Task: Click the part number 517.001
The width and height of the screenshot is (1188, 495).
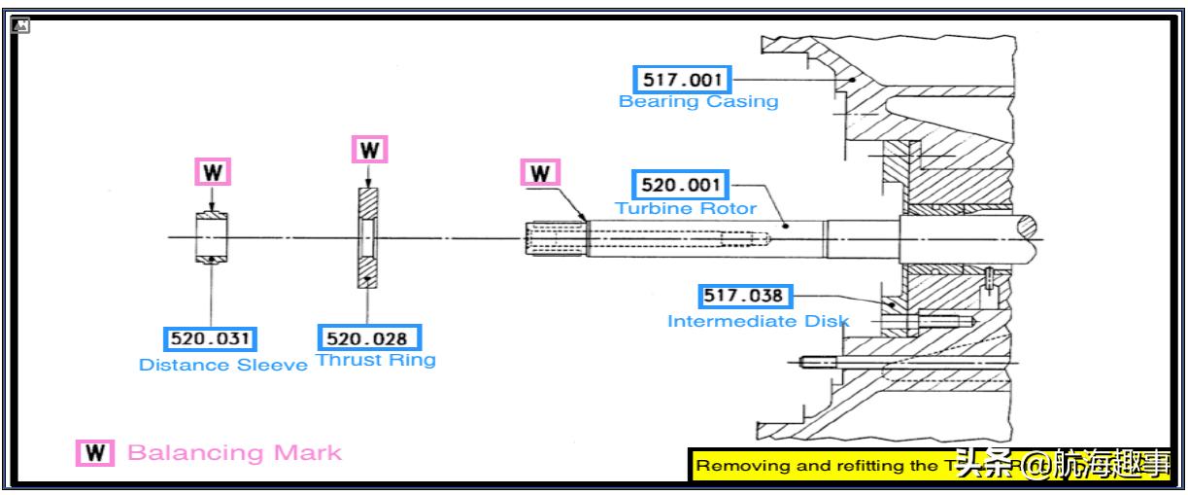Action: coord(682,80)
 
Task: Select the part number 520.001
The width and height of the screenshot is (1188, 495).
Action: coord(682,185)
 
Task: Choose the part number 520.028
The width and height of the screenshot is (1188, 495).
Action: coord(369,338)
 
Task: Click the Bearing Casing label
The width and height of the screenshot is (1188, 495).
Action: coord(698,101)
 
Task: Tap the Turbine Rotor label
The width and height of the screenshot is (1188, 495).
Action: coord(686,208)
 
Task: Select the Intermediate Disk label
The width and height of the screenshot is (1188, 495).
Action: coord(758,321)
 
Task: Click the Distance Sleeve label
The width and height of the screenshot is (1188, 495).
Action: coord(223,366)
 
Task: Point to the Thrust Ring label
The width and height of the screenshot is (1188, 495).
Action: coord(376,361)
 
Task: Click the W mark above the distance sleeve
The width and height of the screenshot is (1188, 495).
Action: coord(212,173)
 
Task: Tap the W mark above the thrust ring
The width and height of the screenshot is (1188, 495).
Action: coord(368,150)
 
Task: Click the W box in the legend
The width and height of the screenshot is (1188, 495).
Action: coord(95,453)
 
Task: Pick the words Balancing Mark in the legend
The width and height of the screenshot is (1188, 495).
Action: coord(234,453)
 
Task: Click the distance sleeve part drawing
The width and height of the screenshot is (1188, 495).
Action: coord(212,236)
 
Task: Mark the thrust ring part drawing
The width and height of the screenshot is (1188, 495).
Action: coord(368,236)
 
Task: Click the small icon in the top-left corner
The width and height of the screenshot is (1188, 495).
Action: coord(20,25)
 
